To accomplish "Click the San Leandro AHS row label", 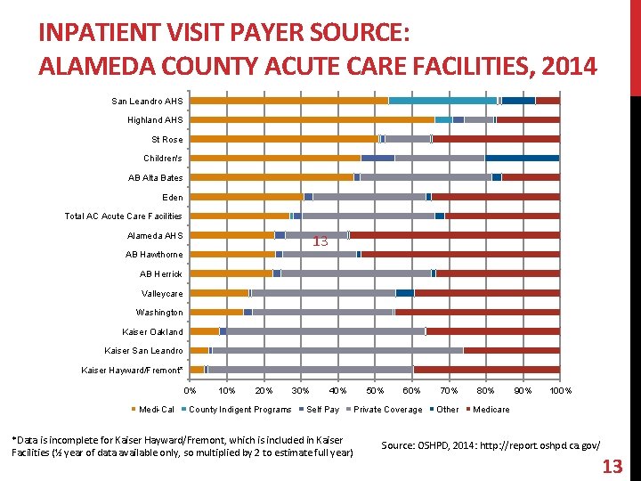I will (147, 101).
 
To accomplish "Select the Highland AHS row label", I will (154, 120).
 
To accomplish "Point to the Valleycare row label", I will (162, 293).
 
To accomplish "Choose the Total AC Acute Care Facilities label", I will (123, 216).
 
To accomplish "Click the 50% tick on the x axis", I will (375, 390).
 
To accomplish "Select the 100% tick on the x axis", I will (561, 390).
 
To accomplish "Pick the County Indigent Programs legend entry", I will (238, 410).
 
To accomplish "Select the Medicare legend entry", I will (491, 410).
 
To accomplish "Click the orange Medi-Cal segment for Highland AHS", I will (312, 119).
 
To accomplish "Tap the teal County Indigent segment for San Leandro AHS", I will (442, 101).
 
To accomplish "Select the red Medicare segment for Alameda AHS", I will (455, 235).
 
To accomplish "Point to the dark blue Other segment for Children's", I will (522, 158).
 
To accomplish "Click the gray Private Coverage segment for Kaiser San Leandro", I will (337, 350).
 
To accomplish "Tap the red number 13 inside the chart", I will (320, 241).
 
